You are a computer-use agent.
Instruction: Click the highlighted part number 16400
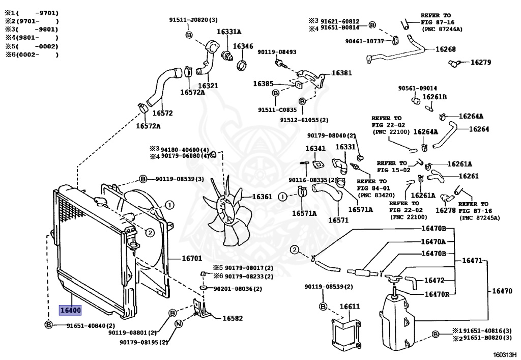pyautogui.click(x=70, y=310)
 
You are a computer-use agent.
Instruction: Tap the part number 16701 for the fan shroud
pyautogui.click(x=192, y=258)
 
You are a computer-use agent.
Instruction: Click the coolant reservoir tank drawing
pyautogui.click(x=398, y=319)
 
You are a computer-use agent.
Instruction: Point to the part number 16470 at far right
pyautogui.click(x=502, y=291)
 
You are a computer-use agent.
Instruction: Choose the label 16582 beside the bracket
pyautogui.click(x=233, y=319)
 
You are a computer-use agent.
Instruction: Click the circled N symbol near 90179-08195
pyautogui.click(x=179, y=324)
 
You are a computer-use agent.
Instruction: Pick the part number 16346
pyautogui.click(x=243, y=46)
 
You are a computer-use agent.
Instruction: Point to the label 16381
pyautogui.click(x=341, y=73)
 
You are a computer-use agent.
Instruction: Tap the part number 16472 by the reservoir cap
pyautogui.click(x=435, y=280)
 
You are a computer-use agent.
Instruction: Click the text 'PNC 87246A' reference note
pyautogui.click(x=441, y=29)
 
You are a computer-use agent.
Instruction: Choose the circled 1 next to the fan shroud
pyautogui.click(x=169, y=205)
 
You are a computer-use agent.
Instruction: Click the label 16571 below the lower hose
pyautogui.click(x=338, y=220)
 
